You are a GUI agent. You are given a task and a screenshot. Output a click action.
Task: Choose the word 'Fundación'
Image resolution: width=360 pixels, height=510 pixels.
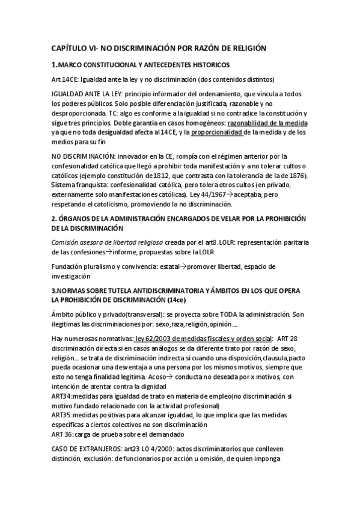click(x=69, y=266)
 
